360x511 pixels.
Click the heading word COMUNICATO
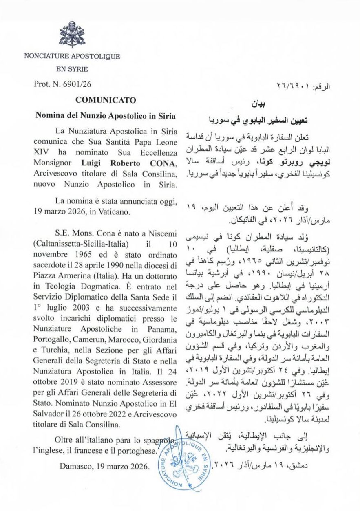pyautogui.click(x=106, y=100)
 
